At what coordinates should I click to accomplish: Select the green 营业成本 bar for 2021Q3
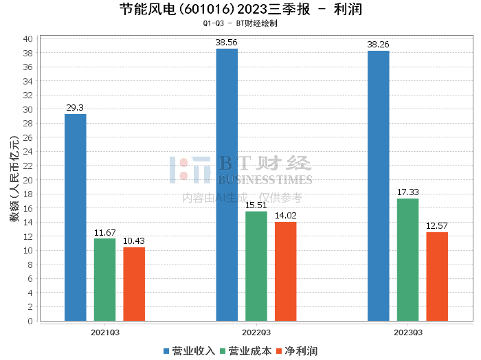(104, 280)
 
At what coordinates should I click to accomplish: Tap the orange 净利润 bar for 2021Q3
(134, 284)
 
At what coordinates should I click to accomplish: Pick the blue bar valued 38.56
(227, 185)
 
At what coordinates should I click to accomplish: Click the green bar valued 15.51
(256, 266)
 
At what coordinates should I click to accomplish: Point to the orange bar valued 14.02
(286, 271)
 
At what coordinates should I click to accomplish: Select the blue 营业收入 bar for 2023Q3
(378, 185)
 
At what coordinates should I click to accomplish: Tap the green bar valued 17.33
(407, 260)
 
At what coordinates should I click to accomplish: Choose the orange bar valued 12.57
(437, 276)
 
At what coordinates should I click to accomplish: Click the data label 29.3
(76, 108)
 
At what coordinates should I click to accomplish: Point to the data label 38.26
(378, 45)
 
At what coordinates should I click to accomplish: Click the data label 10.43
(134, 240)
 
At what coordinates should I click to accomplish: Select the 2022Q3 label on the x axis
(256, 332)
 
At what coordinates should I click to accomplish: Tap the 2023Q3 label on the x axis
(407, 332)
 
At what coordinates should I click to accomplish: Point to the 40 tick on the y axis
(28, 38)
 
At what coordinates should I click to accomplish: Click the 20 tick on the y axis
(28, 180)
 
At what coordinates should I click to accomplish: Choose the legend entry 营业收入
(189, 351)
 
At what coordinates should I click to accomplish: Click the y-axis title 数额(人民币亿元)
(14, 180)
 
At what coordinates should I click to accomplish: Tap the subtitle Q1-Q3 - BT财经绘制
(240, 23)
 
